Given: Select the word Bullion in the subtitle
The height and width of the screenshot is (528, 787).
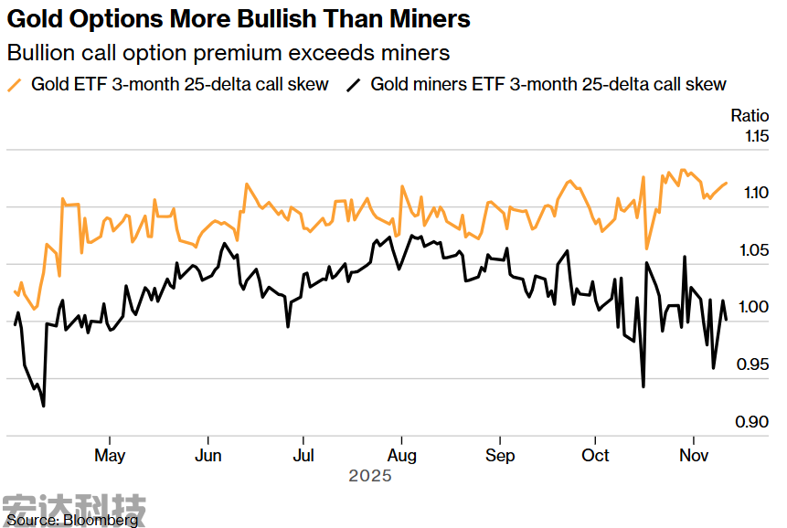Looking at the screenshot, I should [x=40, y=52].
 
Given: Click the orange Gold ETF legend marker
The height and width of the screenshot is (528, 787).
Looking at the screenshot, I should [x=15, y=84].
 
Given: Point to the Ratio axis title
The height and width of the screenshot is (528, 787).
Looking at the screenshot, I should [x=749, y=115].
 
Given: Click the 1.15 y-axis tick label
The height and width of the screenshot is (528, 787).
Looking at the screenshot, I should [x=756, y=136].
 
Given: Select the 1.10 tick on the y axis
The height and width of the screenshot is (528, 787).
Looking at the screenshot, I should [x=756, y=193].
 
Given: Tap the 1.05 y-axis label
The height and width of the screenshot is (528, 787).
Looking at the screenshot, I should [x=756, y=250].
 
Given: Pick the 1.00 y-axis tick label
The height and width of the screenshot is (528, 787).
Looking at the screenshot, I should [x=756, y=308].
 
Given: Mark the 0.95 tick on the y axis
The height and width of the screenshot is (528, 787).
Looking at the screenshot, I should [x=756, y=365].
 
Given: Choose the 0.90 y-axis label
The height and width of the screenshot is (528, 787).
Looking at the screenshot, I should [x=756, y=422].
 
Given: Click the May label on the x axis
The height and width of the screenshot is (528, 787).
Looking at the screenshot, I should [x=110, y=455].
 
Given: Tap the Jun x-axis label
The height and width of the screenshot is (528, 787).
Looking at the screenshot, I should [x=208, y=455].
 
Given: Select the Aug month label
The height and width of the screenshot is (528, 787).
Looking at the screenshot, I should [x=402, y=455].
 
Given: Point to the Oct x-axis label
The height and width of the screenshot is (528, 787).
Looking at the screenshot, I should [x=596, y=455].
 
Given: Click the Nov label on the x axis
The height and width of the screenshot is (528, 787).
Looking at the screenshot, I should [x=694, y=455].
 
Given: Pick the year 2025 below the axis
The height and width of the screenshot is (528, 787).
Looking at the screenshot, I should [x=369, y=476].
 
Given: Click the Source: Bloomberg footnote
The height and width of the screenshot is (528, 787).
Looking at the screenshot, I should [x=72, y=520].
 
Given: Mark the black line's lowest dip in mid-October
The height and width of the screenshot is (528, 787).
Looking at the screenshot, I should [x=643, y=386].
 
